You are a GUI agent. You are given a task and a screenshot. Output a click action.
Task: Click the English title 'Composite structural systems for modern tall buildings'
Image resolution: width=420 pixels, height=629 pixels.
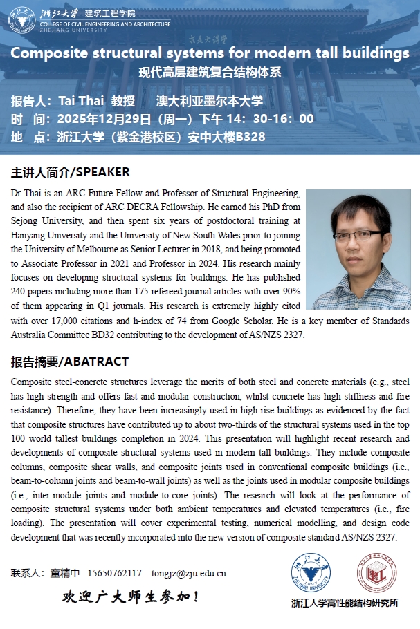[x=210, y=53]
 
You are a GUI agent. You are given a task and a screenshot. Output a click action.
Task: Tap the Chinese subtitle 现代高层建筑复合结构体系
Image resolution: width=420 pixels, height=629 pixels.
[x=210, y=72]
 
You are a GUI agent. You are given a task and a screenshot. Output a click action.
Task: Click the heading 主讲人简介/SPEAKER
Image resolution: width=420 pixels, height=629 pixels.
[x=71, y=172]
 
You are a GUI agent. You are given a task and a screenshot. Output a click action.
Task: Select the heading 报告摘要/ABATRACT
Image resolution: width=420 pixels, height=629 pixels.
[x=70, y=362]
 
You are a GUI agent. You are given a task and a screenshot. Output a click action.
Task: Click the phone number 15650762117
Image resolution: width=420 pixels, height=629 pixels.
[x=115, y=573]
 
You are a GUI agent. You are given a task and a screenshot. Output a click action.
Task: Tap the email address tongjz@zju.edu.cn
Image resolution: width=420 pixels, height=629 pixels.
[x=189, y=573]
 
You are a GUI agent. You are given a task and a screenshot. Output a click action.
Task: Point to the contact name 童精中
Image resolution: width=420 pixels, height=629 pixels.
[x=66, y=573]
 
